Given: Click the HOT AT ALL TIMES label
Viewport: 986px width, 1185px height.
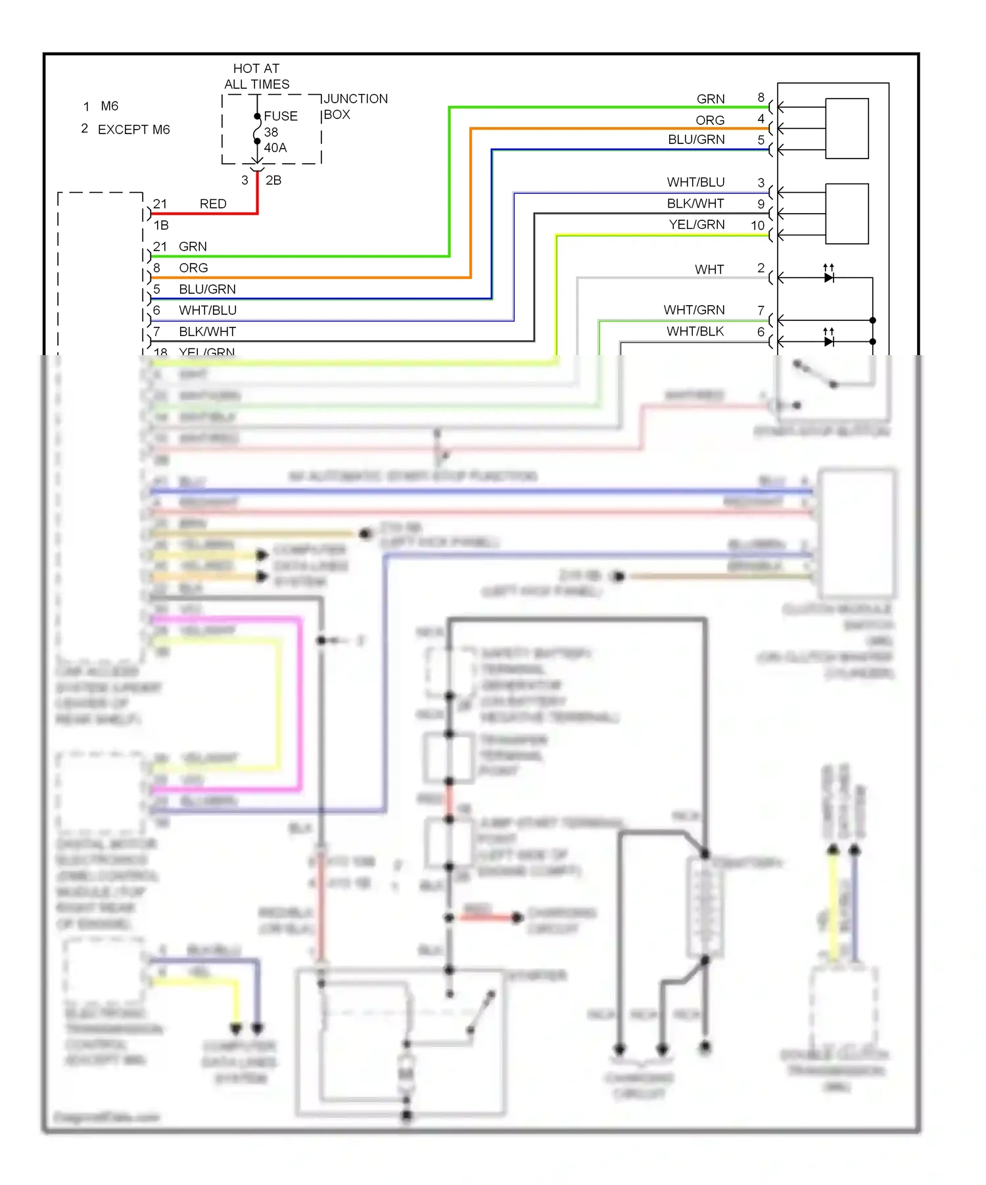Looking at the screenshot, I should coord(256,76).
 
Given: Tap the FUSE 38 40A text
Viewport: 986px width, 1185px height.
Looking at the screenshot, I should coord(280,132).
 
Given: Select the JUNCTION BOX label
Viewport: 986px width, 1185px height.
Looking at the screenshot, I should coord(355,107).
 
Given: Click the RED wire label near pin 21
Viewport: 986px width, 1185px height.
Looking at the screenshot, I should coord(213,204).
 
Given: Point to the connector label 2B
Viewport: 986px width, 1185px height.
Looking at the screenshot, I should coord(273,180).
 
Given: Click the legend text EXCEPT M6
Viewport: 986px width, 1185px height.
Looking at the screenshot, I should coord(133,130).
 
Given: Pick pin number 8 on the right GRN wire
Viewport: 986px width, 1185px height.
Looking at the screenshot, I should coord(761,97).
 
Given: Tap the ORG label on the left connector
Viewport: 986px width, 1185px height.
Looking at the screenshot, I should coord(193,268).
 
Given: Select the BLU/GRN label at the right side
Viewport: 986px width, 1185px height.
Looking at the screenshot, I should coord(696,139).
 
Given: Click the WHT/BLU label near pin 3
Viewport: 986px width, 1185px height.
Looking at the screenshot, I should coord(695,182).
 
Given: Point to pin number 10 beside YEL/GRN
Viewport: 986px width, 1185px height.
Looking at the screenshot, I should coord(757,226).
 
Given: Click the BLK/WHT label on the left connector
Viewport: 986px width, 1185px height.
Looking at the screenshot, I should coord(207,331).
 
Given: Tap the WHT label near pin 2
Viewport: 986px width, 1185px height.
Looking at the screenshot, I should coord(709,270).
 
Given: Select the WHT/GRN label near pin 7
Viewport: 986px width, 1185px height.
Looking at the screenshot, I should coord(693,310).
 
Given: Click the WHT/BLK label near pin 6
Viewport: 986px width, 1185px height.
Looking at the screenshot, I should coord(695,331).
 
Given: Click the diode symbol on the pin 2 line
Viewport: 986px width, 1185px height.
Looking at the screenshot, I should coord(829,278).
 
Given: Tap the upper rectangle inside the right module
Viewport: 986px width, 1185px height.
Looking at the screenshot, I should coord(847,128).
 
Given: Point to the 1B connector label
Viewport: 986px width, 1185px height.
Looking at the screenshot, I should coord(161,225).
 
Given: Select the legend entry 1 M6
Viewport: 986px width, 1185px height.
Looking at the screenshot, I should coord(101,106).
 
